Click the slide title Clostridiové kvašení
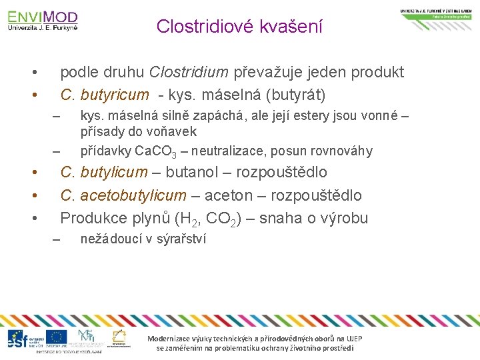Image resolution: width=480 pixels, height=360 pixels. [239, 27]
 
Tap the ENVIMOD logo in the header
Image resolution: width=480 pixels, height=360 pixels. [43, 21]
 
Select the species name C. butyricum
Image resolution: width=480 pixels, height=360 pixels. [104, 95]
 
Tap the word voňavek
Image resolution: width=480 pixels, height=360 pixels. [175, 131]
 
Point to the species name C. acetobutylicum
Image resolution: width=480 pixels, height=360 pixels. [123, 195]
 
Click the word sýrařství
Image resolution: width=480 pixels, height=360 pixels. [181, 239]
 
